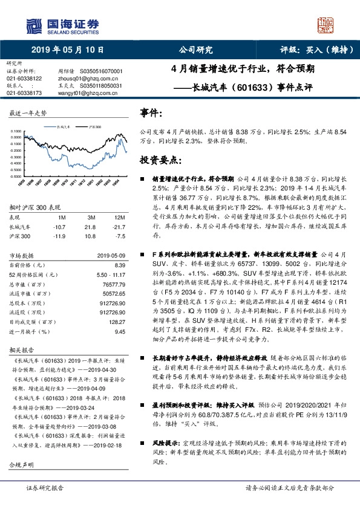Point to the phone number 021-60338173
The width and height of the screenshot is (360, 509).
point(24,93)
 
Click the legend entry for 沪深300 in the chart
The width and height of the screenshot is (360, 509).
point(96,128)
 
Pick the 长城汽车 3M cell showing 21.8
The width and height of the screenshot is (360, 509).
point(91,226)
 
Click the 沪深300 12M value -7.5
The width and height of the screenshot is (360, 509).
point(120,236)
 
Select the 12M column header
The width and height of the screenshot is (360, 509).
point(120,216)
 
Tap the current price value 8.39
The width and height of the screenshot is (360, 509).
point(119,265)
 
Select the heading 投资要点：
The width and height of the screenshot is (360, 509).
point(160,160)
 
